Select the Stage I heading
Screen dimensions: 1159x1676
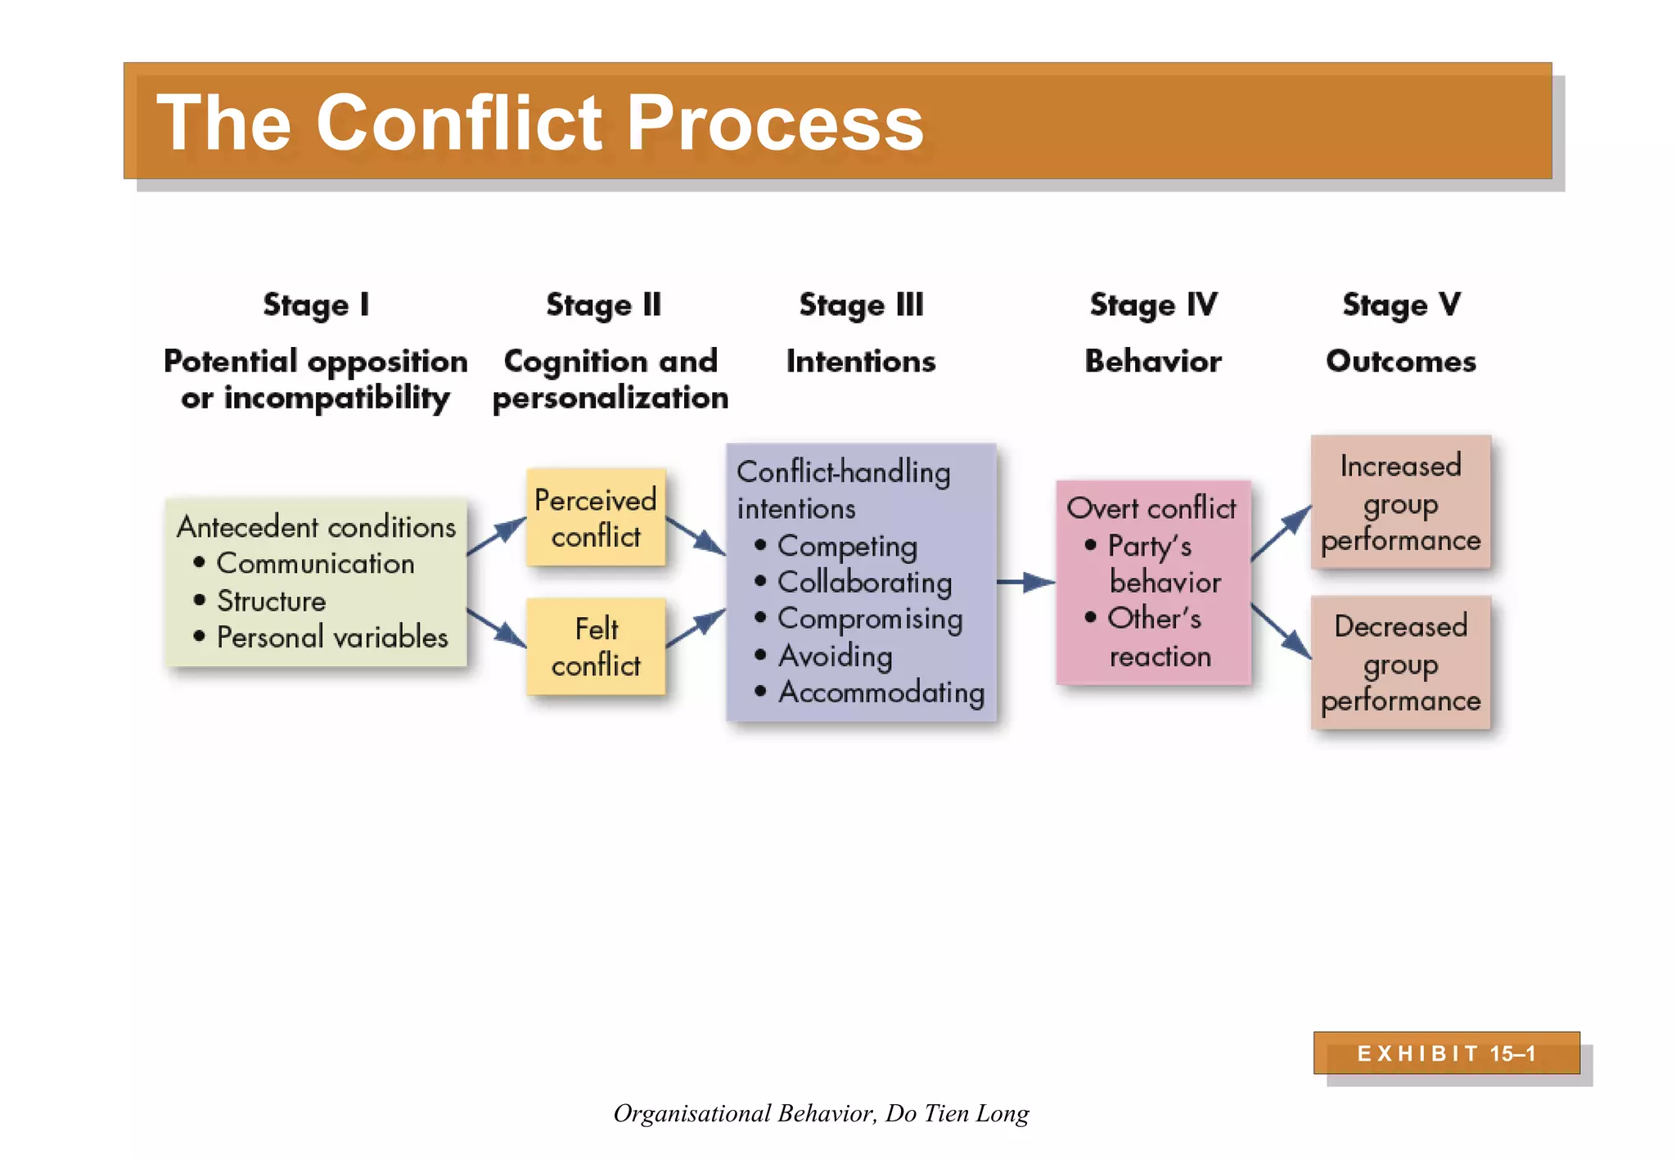click(316, 305)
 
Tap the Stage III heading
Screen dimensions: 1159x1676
click(861, 305)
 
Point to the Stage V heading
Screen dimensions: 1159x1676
click(1401, 305)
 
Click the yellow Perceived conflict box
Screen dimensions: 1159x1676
click(596, 517)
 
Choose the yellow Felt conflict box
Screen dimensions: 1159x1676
click(596, 647)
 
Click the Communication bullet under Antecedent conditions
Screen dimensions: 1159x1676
click(315, 564)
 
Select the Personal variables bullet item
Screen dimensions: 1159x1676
click(331, 638)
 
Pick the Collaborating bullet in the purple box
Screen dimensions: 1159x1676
click(863, 583)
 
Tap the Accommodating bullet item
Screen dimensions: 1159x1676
click(881, 692)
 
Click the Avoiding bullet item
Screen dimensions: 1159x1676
click(835, 656)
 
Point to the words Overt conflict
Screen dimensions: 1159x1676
click(1151, 508)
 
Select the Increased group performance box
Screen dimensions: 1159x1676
click(1400, 503)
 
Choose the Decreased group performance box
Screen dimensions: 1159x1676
click(1400, 663)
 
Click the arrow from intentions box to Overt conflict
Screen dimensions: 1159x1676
click(1025, 582)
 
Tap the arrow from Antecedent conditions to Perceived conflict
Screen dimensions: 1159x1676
click(497, 537)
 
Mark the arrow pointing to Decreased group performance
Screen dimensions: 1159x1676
click(1282, 631)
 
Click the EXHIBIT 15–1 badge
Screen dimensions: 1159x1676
click(1446, 1053)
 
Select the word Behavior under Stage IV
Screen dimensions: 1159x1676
click(1152, 362)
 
